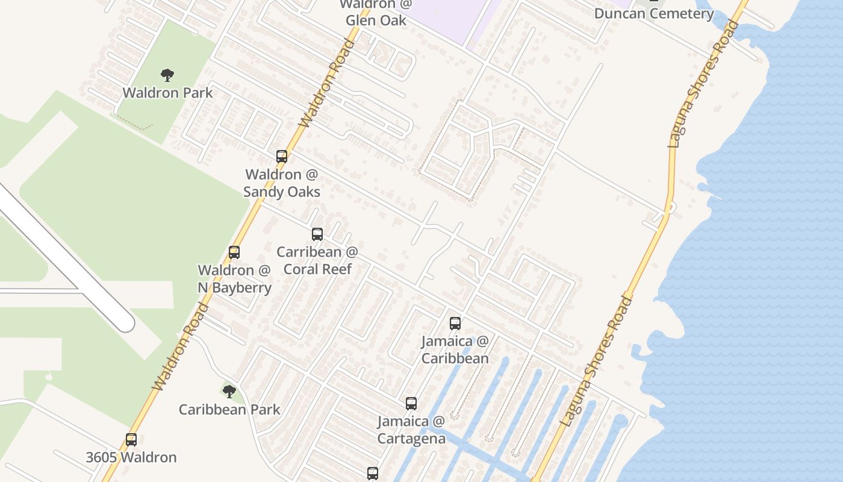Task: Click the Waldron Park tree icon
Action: pyautogui.click(x=167, y=75)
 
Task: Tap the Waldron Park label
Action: pyautogui.click(x=167, y=93)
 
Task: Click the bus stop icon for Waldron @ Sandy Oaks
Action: pyautogui.click(x=281, y=157)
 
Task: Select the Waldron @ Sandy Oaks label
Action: pyautogui.click(x=281, y=183)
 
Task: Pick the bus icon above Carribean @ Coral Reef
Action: pyautogui.click(x=317, y=234)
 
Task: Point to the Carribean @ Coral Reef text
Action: pyautogui.click(x=317, y=260)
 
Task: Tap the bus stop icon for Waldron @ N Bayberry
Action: pyautogui.click(x=234, y=252)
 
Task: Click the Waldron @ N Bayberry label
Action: pyautogui.click(x=234, y=278)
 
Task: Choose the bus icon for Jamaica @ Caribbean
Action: pyautogui.click(x=455, y=324)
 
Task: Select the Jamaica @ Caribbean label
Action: pyautogui.click(x=455, y=349)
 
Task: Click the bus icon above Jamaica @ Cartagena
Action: pyautogui.click(x=411, y=404)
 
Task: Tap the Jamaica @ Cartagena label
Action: pyautogui.click(x=411, y=430)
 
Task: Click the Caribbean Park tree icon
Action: pyautogui.click(x=229, y=392)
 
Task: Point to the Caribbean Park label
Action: pyautogui.click(x=229, y=410)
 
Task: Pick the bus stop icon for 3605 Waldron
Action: pyautogui.click(x=131, y=440)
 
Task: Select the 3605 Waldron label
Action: pyautogui.click(x=131, y=457)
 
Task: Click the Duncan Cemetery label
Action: pyautogui.click(x=654, y=13)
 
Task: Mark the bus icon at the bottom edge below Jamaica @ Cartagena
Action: pyautogui.click(x=373, y=474)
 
